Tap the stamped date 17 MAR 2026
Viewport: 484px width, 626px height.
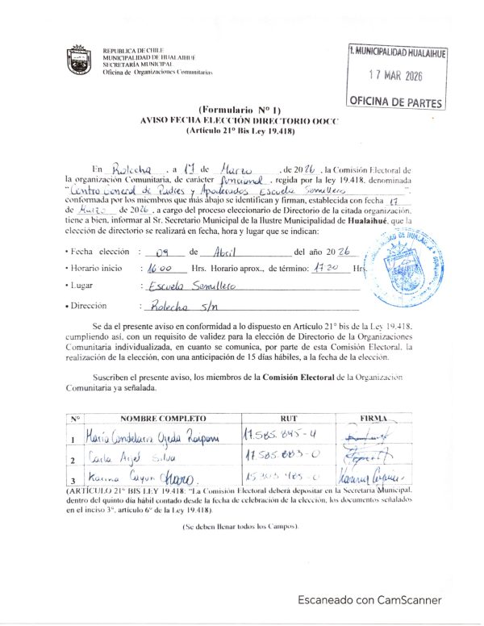pos(395,77)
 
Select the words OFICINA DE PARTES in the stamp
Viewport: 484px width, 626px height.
pos(395,102)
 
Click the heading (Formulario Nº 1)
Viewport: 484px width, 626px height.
pos(239,109)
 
